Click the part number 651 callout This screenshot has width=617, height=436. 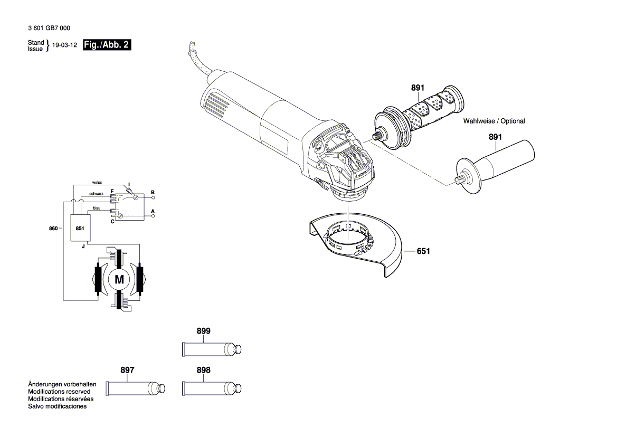coord(423,252)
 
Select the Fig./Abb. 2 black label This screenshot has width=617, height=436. coord(107,45)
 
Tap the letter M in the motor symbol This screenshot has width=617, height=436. coord(119,279)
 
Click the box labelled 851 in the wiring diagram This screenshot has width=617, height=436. coord(80,229)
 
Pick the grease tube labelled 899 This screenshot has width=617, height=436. coord(211,349)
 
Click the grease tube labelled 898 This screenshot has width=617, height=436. coord(211,388)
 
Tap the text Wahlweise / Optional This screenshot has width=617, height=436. coord(494,121)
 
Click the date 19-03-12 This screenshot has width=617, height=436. coord(65,46)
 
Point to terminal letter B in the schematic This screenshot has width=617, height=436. coord(153,192)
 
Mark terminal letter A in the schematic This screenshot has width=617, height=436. coord(153,211)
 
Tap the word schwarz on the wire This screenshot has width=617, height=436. coord(96,194)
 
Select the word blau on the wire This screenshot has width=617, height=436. coord(97,208)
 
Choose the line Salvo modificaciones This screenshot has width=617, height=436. coord(57,406)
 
